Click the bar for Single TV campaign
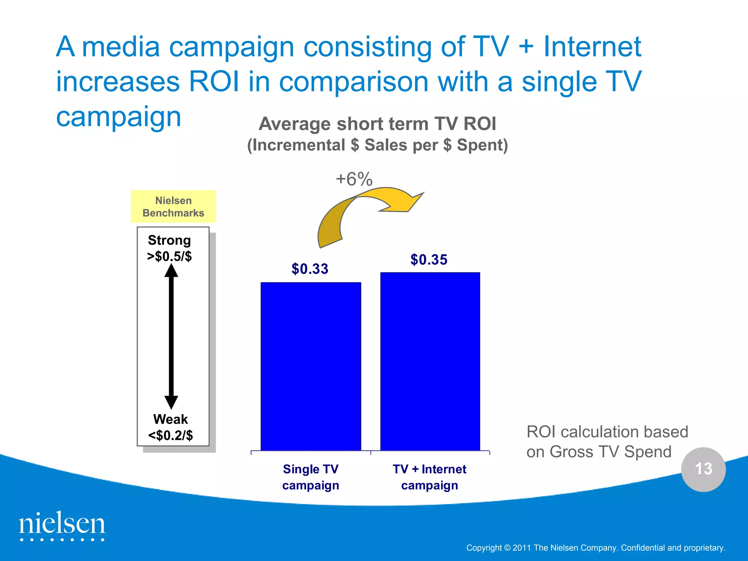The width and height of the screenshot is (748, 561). (x=311, y=366)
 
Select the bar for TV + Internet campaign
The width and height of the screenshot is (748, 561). (x=430, y=361)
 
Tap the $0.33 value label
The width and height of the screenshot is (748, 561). (x=310, y=269)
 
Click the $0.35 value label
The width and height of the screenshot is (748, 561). (x=429, y=260)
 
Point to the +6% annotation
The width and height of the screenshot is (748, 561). (x=354, y=179)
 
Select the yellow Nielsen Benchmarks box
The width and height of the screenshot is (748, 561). (x=173, y=206)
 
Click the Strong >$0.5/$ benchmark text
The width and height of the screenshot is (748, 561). (x=169, y=248)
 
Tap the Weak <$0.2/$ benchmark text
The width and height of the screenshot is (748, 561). (x=171, y=427)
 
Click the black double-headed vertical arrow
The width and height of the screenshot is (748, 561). (x=171, y=336)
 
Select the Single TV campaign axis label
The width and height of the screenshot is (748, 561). (x=310, y=477)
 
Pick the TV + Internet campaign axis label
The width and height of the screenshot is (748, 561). (x=430, y=477)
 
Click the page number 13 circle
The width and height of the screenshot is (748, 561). (x=703, y=469)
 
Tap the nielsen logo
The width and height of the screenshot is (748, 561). (x=62, y=526)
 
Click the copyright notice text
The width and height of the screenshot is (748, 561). (x=595, y=548)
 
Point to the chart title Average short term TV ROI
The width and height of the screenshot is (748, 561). (x=377, y=124)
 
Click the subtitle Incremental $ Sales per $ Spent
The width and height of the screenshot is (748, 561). (x=377, y=145)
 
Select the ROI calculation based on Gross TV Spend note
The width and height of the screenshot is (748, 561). (x=607, y=442)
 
